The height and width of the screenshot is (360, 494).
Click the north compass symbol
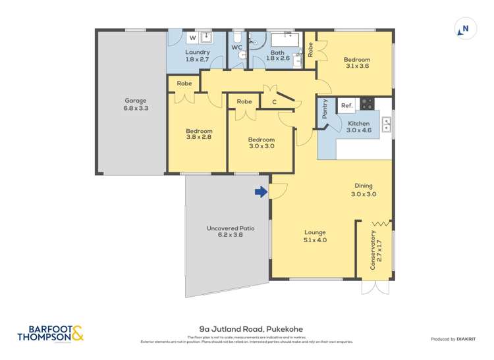(x=464, y=28)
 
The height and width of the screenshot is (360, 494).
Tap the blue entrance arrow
(x=261, y=192)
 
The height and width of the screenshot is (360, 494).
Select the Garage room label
(x=136, y=101)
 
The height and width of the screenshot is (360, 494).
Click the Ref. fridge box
(x=347, y=105)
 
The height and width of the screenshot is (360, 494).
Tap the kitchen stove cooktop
(x=367, y=104)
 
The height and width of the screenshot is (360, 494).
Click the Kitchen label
(x=359, y=123)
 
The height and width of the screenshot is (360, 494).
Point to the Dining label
(x=363, y=186)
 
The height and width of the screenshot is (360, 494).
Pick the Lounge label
(x=315, y=232)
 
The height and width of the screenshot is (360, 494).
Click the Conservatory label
(x=373, y=250)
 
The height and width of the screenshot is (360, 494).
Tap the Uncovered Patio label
(x=231, y=228)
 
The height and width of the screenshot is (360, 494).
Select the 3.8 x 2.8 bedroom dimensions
(x=198, y=138)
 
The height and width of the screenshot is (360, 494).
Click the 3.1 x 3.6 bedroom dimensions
(x=357, y=66)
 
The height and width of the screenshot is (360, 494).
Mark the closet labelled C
(x=274, y=101)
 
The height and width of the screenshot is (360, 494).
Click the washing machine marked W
(x=192, y=37)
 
